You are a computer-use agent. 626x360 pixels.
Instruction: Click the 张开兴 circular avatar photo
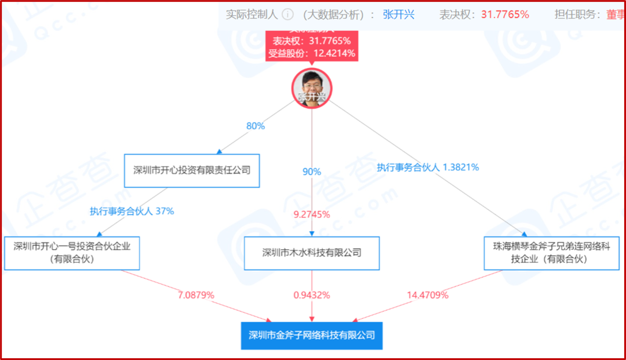pos(312,88)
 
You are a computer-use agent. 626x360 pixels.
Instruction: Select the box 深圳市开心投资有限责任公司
pos(192,170)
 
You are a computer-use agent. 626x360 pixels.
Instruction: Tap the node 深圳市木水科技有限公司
pos(312,253)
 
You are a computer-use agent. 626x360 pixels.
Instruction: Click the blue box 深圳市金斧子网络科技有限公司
pos(312,335)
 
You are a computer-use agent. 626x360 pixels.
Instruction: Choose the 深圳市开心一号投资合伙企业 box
pos(72,253)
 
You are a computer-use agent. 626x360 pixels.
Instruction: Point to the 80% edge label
pos(255,126)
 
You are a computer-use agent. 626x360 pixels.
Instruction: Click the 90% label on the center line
pos(312,172)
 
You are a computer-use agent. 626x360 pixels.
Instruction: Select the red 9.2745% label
pos(312,214)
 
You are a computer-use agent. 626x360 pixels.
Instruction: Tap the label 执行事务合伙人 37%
pos(132,211)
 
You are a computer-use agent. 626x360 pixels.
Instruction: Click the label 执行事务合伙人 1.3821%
pos(428,168)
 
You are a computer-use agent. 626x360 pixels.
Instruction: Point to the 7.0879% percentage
pos(196,295)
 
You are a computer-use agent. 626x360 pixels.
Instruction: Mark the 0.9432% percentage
pos(312,295)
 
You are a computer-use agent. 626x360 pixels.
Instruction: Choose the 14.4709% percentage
pos(428,295)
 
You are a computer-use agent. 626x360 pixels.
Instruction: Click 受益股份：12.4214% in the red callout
pos(312,54)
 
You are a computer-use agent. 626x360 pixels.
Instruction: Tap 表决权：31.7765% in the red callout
pos(312,41)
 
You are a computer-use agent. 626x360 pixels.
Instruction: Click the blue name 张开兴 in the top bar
pos(399,14)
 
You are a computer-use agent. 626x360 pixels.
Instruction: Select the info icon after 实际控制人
pos(287,14)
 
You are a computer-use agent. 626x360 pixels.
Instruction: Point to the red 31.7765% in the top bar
pos(505,14)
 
